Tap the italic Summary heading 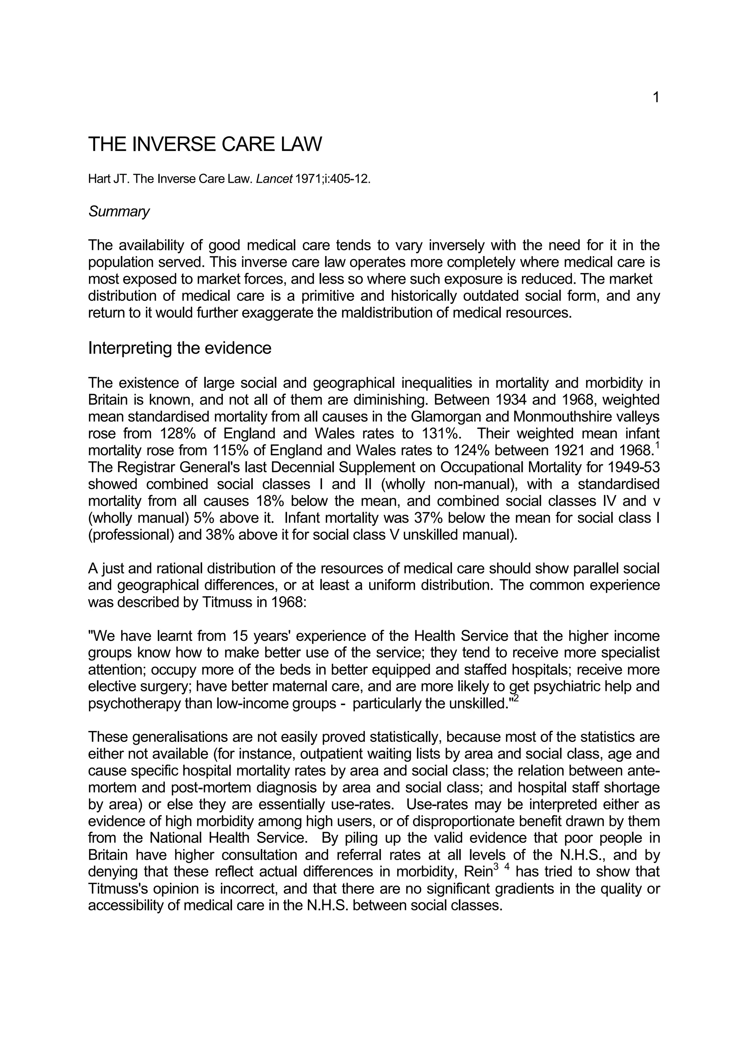[119, 212]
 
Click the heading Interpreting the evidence [179, 348]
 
